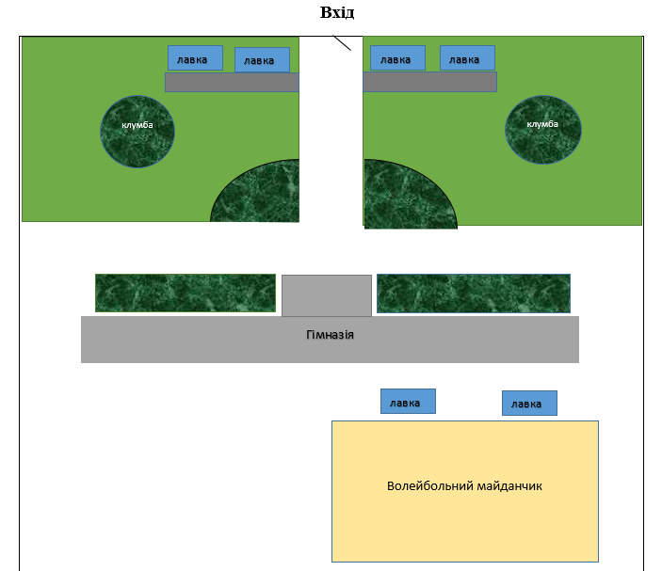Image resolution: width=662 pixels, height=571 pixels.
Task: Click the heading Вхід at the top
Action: (x=337, y=13)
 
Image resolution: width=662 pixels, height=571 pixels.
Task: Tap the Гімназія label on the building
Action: (x=330, y=335)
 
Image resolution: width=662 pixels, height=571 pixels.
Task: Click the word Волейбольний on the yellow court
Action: (x=425, y=486)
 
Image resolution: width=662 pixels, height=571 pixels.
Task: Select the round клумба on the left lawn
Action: (x=137, y=131)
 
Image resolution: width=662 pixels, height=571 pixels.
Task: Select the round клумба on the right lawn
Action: (x=543, y=130)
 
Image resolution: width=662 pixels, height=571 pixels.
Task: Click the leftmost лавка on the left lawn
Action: (x=195, y=58)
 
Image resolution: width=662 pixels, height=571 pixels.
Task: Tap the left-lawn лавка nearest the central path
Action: (x=261, y=60)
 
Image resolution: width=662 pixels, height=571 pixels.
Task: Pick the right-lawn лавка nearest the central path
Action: (x=396, y=58)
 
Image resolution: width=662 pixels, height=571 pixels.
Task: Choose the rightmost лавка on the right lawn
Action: (x=466, y=58)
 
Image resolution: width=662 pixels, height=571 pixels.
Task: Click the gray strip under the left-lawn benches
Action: (x=232, y=82)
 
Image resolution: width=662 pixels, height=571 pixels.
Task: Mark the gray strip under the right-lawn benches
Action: (x=429, y=82)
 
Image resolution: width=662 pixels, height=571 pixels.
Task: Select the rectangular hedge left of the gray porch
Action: (x=185, y=293)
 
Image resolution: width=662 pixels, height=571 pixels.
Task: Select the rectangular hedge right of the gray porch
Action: (x=473, y=293)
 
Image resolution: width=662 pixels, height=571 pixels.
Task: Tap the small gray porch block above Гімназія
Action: (x=326, y=295)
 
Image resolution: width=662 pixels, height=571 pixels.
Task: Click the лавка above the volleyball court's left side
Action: (x=408, y=402)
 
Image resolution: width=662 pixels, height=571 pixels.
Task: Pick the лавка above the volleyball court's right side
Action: (x=528, y=404)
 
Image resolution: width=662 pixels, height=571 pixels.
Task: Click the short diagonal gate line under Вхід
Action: (x=341, y=42)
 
